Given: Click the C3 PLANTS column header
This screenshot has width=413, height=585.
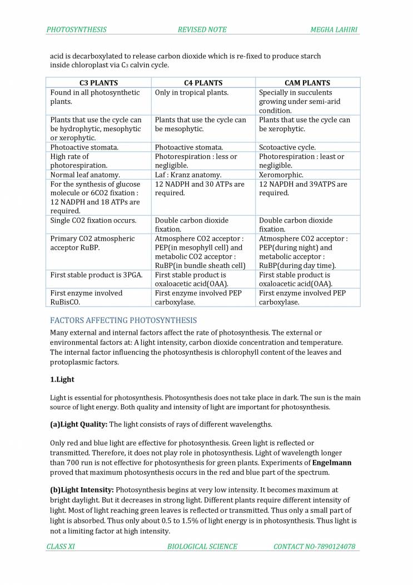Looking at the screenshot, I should tap(98, 83).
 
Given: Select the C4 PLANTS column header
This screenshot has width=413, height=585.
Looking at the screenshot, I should tap(203, 83).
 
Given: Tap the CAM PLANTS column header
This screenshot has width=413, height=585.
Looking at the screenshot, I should tap(307, 83).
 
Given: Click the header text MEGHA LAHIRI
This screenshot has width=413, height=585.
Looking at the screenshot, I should tap(335, 29).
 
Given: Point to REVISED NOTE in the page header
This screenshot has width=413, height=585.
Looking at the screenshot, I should tap(202, 29).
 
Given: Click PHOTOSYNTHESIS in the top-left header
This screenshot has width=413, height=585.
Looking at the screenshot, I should tap(77, 29).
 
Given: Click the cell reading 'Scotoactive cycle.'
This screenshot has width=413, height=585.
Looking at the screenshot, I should tap(287, 147).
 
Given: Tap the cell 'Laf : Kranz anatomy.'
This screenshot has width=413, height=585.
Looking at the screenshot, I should tap(188, 175).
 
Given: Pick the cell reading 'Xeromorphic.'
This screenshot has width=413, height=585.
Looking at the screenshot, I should tap(280, 175).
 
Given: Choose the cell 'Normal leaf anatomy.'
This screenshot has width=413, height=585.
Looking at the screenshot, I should tap(85, 175).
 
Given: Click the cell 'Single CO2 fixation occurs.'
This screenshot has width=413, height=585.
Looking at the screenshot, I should tap(93, 220).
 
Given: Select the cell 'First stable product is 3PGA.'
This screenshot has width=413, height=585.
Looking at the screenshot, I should tap(97, 275).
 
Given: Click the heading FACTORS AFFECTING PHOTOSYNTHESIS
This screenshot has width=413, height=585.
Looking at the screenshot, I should tap(123, 320).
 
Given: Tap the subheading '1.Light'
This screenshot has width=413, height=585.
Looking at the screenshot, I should tap(62, 379).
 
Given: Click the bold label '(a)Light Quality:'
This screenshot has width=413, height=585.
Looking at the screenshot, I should tap(78, 424).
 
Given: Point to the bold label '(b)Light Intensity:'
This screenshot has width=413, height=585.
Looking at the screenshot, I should tap(82, 490).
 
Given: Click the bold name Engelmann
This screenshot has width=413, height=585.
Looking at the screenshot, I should tap(332, 463).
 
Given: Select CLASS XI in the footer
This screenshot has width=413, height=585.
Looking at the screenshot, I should tap(61, 547).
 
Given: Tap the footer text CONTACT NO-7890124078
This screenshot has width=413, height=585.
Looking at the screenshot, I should tap(314, 547).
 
